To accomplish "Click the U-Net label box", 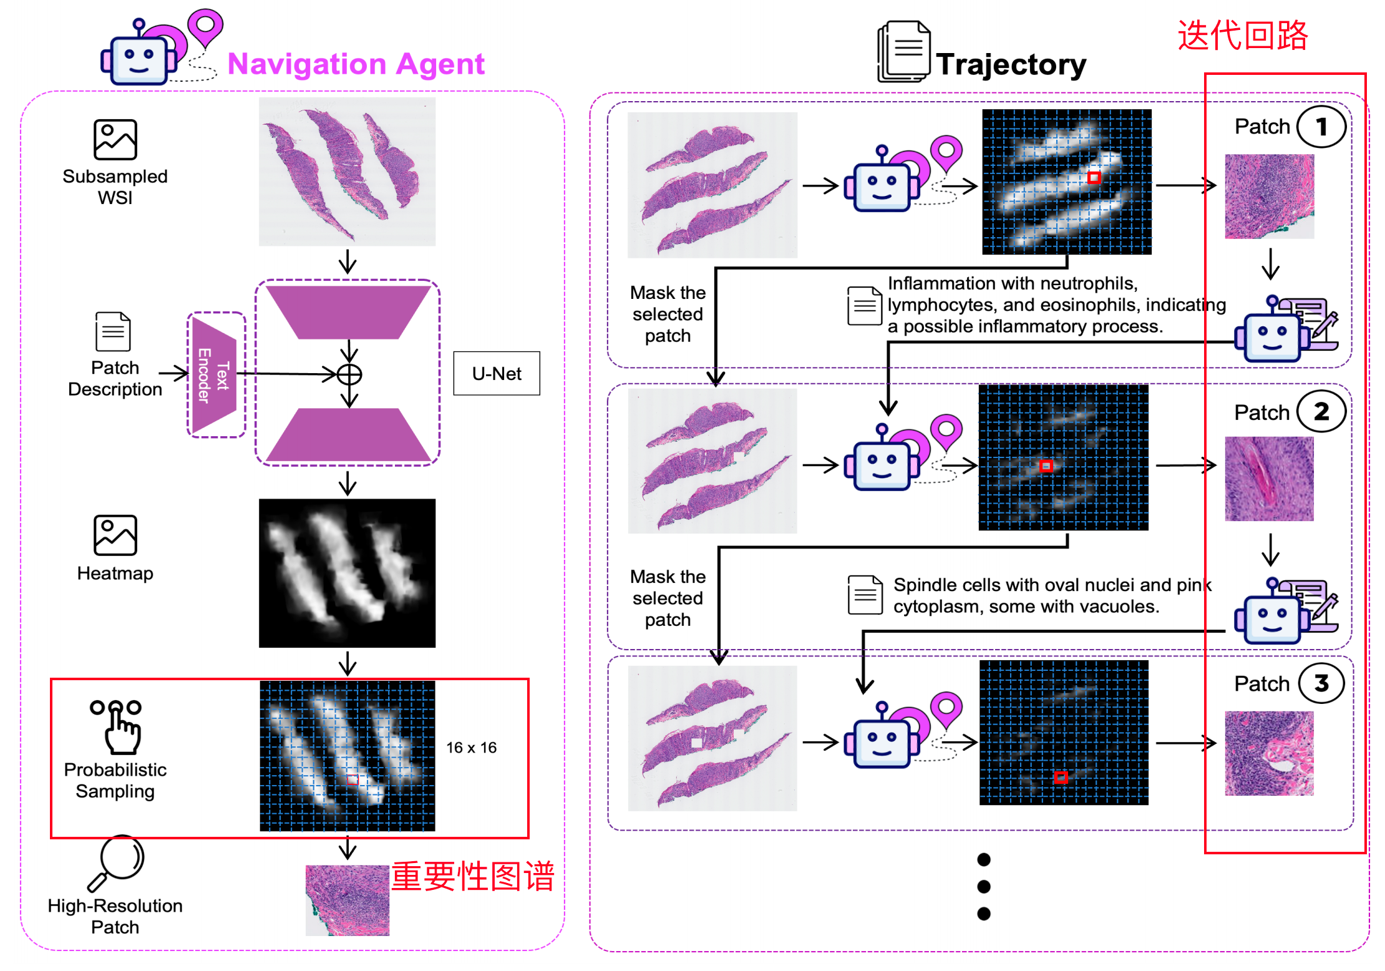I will click(497, 373).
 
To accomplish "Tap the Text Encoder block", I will click(214, 375).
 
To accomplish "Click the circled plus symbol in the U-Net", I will click(349, 374).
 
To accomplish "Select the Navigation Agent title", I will click(356, 64).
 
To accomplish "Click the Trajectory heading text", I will click(1011, 64).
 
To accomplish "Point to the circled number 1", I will click(1321, 127).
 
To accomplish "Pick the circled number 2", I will click(1321, 412).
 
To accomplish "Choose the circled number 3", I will click(1321, 683).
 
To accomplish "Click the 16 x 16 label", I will click(472, 748).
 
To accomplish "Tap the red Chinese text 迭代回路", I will click(1243, 35).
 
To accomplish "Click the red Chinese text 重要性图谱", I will click(473, 876).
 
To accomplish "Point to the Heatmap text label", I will click(115, 573).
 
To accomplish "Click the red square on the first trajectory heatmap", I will click(1094, 178).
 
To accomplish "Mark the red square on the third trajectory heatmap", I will click(1061, 777).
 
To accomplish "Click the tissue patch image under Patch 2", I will click(1269, 479).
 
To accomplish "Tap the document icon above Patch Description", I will click(113, 331).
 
